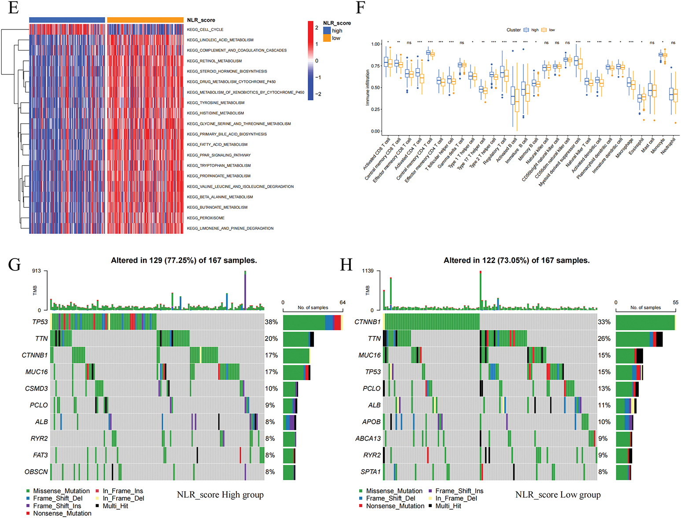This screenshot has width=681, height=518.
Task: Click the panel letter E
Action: [13, 8]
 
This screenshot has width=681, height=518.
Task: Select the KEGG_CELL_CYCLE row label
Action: [205, 30]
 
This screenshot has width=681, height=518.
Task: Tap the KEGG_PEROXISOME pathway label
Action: [206, 218]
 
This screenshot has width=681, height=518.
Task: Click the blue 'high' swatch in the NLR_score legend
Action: [327, 30]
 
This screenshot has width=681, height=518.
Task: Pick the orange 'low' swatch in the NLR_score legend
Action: [327, 38]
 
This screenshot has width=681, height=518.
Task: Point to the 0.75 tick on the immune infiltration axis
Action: [375, 66]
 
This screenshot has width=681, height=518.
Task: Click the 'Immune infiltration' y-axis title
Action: [368, 87]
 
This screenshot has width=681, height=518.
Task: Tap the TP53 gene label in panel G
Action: [40, 322]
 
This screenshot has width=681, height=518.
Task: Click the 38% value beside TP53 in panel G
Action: [271, 322]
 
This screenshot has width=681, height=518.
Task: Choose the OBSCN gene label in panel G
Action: [36, 472]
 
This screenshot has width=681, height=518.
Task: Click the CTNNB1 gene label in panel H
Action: [368, 322]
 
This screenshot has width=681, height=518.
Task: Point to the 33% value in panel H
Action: [604, 322]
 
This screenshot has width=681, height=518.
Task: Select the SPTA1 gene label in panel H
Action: [371, 472]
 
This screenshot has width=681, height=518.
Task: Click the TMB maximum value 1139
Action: [368, 271]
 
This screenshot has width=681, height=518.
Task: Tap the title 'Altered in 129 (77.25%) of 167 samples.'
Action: [184, 260]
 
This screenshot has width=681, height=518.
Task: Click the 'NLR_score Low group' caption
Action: [558, 495]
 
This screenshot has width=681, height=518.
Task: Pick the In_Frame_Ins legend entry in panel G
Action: [123, 491]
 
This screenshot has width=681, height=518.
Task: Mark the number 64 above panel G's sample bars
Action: [342, 303]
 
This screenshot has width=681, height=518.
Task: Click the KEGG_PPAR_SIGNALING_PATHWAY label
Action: [219, 155]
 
